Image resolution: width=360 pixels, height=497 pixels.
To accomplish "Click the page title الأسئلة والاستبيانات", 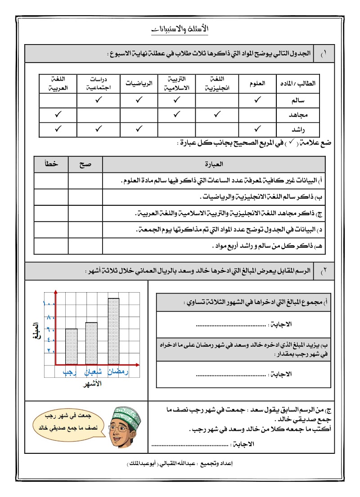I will pyautogui.click(x=180, y=29).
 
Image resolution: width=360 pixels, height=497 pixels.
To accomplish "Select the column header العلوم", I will pyautogui.click(x=257, y=83).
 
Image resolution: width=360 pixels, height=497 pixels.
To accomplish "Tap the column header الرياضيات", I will pyautogui.click(x=139, y=83).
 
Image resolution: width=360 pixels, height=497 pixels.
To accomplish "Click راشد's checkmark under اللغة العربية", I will pyautogui.click(x=58, y=130).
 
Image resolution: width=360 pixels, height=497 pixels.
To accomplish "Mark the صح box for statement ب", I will pyautogui.click(x=85, y=197).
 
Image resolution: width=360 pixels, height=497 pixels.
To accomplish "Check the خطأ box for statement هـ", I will pyautogui.click(x=51, y=246).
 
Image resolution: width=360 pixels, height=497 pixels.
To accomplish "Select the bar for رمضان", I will pyautogui.click(x=113, y=330).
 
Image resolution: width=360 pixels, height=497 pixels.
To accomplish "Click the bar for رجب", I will pyautogui.click(x=72, y=346).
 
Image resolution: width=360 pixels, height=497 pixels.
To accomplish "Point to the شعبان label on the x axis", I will pyautogui.click(x=92, y=372).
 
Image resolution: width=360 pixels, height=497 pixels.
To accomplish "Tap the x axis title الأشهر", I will pyautogui.click(x=93, y=384).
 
